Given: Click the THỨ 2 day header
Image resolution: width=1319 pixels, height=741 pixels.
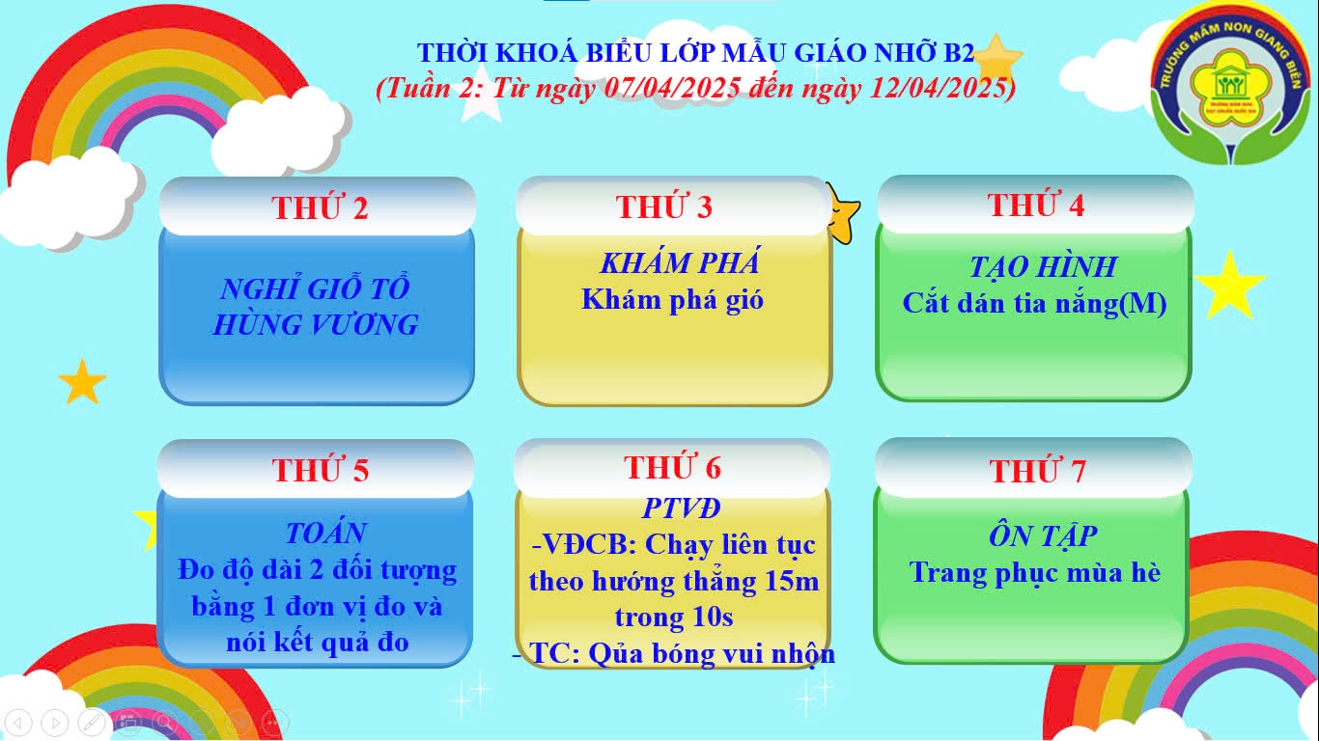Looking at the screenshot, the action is [320, 207].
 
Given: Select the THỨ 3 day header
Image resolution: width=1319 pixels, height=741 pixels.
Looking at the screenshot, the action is [664, 206].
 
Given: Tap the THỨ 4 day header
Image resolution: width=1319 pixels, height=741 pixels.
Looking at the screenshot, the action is [1036, 205].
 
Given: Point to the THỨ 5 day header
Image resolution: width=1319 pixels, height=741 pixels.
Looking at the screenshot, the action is [321, 470].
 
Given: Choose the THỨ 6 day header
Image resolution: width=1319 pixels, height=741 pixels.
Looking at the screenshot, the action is [672, 467].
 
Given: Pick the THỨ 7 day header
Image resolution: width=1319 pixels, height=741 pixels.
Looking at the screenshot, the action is [1038, 471].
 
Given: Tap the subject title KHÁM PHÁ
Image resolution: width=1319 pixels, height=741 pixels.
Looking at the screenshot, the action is [680, 262].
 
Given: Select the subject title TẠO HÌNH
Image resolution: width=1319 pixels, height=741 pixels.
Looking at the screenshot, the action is [1043, 267].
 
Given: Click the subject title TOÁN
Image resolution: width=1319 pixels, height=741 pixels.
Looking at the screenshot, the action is [325, 534].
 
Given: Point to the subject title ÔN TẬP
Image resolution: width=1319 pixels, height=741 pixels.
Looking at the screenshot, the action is [1043, 535].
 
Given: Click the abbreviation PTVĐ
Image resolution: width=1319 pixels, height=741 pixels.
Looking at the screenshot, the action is [681, 508].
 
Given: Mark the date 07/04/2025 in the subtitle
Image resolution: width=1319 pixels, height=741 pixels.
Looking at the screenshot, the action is [673, 89].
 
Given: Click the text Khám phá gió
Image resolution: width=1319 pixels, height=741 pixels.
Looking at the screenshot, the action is [672, 299].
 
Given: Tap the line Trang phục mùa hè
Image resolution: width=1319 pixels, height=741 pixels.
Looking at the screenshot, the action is [1035, 573].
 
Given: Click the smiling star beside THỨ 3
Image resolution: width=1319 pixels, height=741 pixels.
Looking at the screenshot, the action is [843, 213].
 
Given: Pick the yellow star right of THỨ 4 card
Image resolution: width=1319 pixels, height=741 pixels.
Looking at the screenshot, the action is [1229, 286].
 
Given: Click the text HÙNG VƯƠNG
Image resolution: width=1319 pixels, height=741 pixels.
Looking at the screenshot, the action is [316, 324].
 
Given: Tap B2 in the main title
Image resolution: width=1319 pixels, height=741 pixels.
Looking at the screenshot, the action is [959, 52].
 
